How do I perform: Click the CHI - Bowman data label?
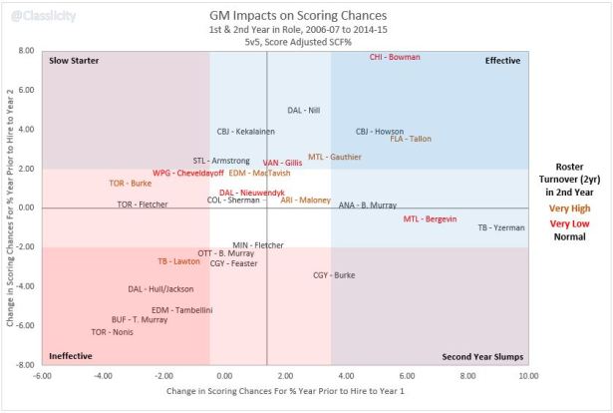(x=394, y=58)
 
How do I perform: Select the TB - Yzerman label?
(x=501, y=227)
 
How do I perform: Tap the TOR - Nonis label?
(x=112, y=331)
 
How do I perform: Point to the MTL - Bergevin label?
(x=430, y=218)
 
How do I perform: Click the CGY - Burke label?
(x=334, y=274)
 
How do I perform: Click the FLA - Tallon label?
(x=411, y=139)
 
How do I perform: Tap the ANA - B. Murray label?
(x=368, y=206)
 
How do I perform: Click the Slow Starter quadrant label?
(x=74, y=61)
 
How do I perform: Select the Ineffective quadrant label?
(x=71, y=355)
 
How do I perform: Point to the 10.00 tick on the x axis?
(x=528, y=376)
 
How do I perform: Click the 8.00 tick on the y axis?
(x=27, y=50)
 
